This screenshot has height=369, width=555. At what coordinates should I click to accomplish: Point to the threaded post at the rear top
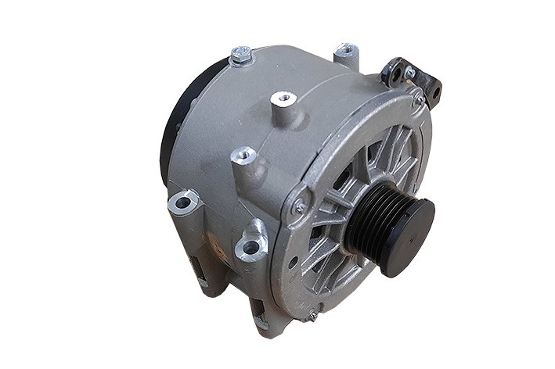pyautogui.click(x=345, y=52)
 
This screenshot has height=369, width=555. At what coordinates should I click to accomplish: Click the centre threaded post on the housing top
pyautogui.click(x=283, y=100)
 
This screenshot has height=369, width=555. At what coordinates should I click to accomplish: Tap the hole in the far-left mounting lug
pyautogui.click(x=183, y=203)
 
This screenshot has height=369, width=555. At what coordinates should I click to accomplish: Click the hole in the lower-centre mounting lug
pyautogui.click(x=250, y=248)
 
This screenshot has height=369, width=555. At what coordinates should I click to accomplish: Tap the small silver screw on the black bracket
pyautogui.click(x=409, y=73)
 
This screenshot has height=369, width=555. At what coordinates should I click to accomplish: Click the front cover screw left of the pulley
pyautogui.click(x=299, y=206)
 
